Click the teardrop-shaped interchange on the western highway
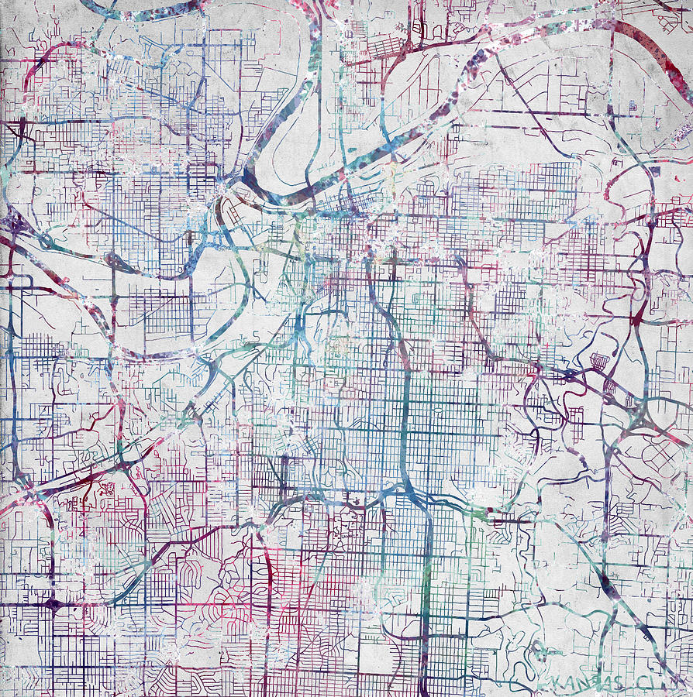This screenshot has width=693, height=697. click(115, 261)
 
